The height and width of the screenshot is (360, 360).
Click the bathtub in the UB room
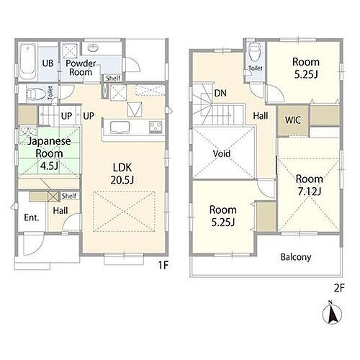click(28, 61)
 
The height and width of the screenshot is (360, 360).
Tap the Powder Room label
click(81, 68)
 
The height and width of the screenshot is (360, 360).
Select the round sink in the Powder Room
click(93, 48)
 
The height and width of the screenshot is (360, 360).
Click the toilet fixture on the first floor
click(35, 94)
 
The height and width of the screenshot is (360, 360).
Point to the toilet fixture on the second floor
click(254, 53)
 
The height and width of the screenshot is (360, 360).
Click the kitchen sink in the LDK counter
click(120, 127)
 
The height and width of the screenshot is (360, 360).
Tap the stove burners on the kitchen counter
click(156, 127)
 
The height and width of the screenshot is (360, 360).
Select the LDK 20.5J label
click(122, 174)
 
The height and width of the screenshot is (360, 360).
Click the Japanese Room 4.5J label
click(49, 153)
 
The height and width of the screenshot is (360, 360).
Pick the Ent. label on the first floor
click(32, 217)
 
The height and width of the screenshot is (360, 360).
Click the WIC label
click(293, 120)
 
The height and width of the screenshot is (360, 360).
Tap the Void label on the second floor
click(222, 153)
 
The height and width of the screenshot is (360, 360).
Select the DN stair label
click(220, 93)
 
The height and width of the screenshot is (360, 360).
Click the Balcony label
click(296, 257)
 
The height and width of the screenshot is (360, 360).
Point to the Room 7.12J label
click(309, 185)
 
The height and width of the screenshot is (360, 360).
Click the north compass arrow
click(332, 312)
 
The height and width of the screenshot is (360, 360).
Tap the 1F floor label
click(163, 265)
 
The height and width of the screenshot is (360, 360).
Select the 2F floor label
click(339, 288)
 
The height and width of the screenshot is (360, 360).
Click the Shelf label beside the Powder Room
click(113, 78)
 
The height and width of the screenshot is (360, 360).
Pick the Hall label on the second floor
click(261, 116)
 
